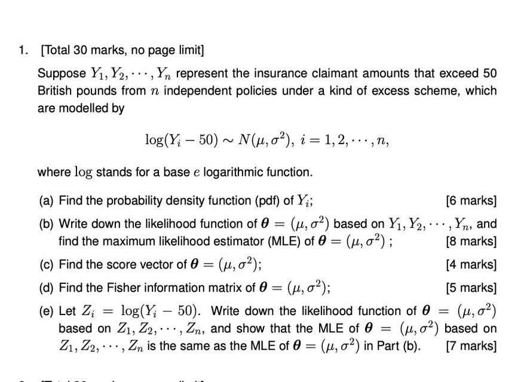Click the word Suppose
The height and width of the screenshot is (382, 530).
point(62,74)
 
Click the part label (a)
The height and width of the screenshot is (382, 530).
point(46,200)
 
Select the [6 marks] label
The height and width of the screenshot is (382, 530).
point(471,200)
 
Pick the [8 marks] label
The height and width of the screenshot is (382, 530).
point(471,242)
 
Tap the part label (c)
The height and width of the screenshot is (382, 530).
point(46,265)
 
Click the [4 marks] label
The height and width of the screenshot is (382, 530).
point(471,265)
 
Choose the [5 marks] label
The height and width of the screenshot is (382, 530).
point(471,288)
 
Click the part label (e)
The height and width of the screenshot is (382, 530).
point(46,311)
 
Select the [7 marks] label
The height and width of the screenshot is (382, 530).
point(471,346)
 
